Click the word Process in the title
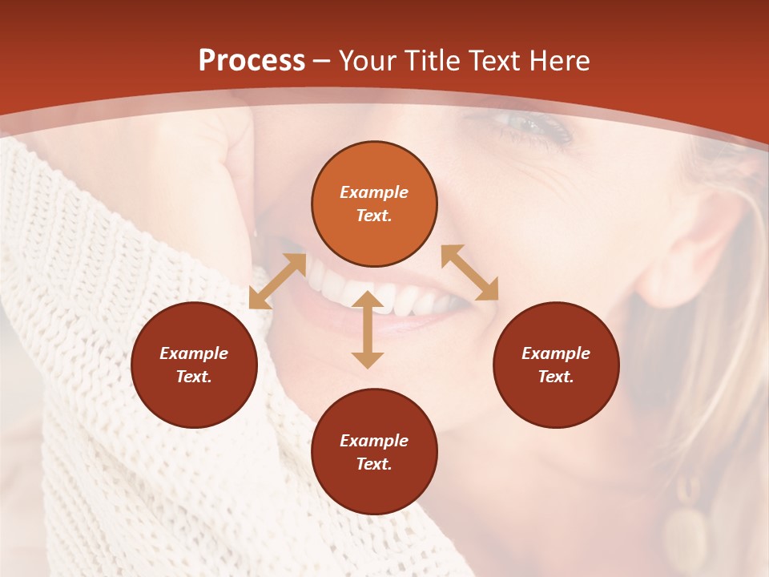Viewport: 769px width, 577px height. [x=252, y=61]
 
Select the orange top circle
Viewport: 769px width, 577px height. [x=374, y=204]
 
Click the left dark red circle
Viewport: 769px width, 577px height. [x=194, y=365]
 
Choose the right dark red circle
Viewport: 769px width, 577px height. [x=556, y=365]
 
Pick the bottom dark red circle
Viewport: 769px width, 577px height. [x=374, y=451]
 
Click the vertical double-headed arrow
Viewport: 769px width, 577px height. [x=368, y=329]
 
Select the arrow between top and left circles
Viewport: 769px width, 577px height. [x=277, y=281]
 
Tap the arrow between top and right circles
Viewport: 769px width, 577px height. [x=469, y=272]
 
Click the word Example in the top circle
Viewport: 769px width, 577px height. [x=374, y=192]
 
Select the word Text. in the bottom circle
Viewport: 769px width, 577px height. [x=374, y=464]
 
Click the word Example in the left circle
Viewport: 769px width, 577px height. [x=194, y=353]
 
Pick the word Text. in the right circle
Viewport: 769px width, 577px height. [x=556, y=377]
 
